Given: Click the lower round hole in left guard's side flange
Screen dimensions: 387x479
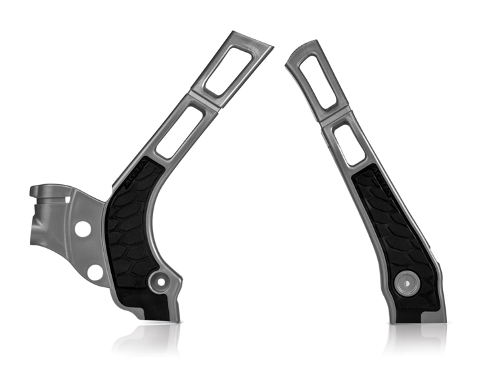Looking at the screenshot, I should (x=96, y=271).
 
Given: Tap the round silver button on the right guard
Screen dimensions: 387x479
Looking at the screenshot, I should (x=405, y=282).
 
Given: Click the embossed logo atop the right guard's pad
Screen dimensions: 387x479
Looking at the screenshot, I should (x=375, y=176).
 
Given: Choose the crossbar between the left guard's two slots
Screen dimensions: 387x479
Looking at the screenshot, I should (x=203, y=98).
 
